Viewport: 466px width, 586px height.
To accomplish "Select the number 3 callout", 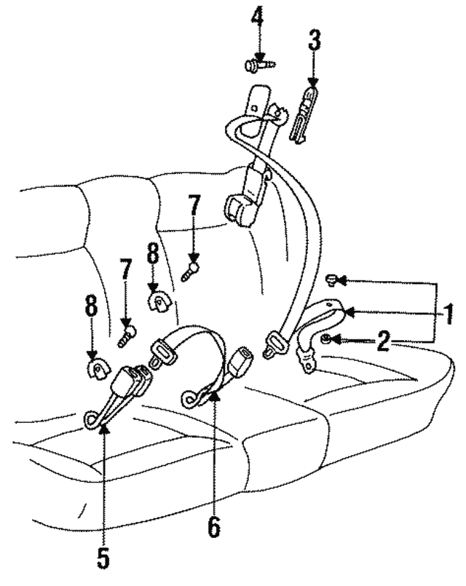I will point(313,41).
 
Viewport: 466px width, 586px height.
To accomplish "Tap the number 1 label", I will point(449,314).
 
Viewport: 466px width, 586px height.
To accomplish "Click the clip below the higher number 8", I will point(157,300).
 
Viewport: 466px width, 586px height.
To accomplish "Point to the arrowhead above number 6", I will point(213,396).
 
